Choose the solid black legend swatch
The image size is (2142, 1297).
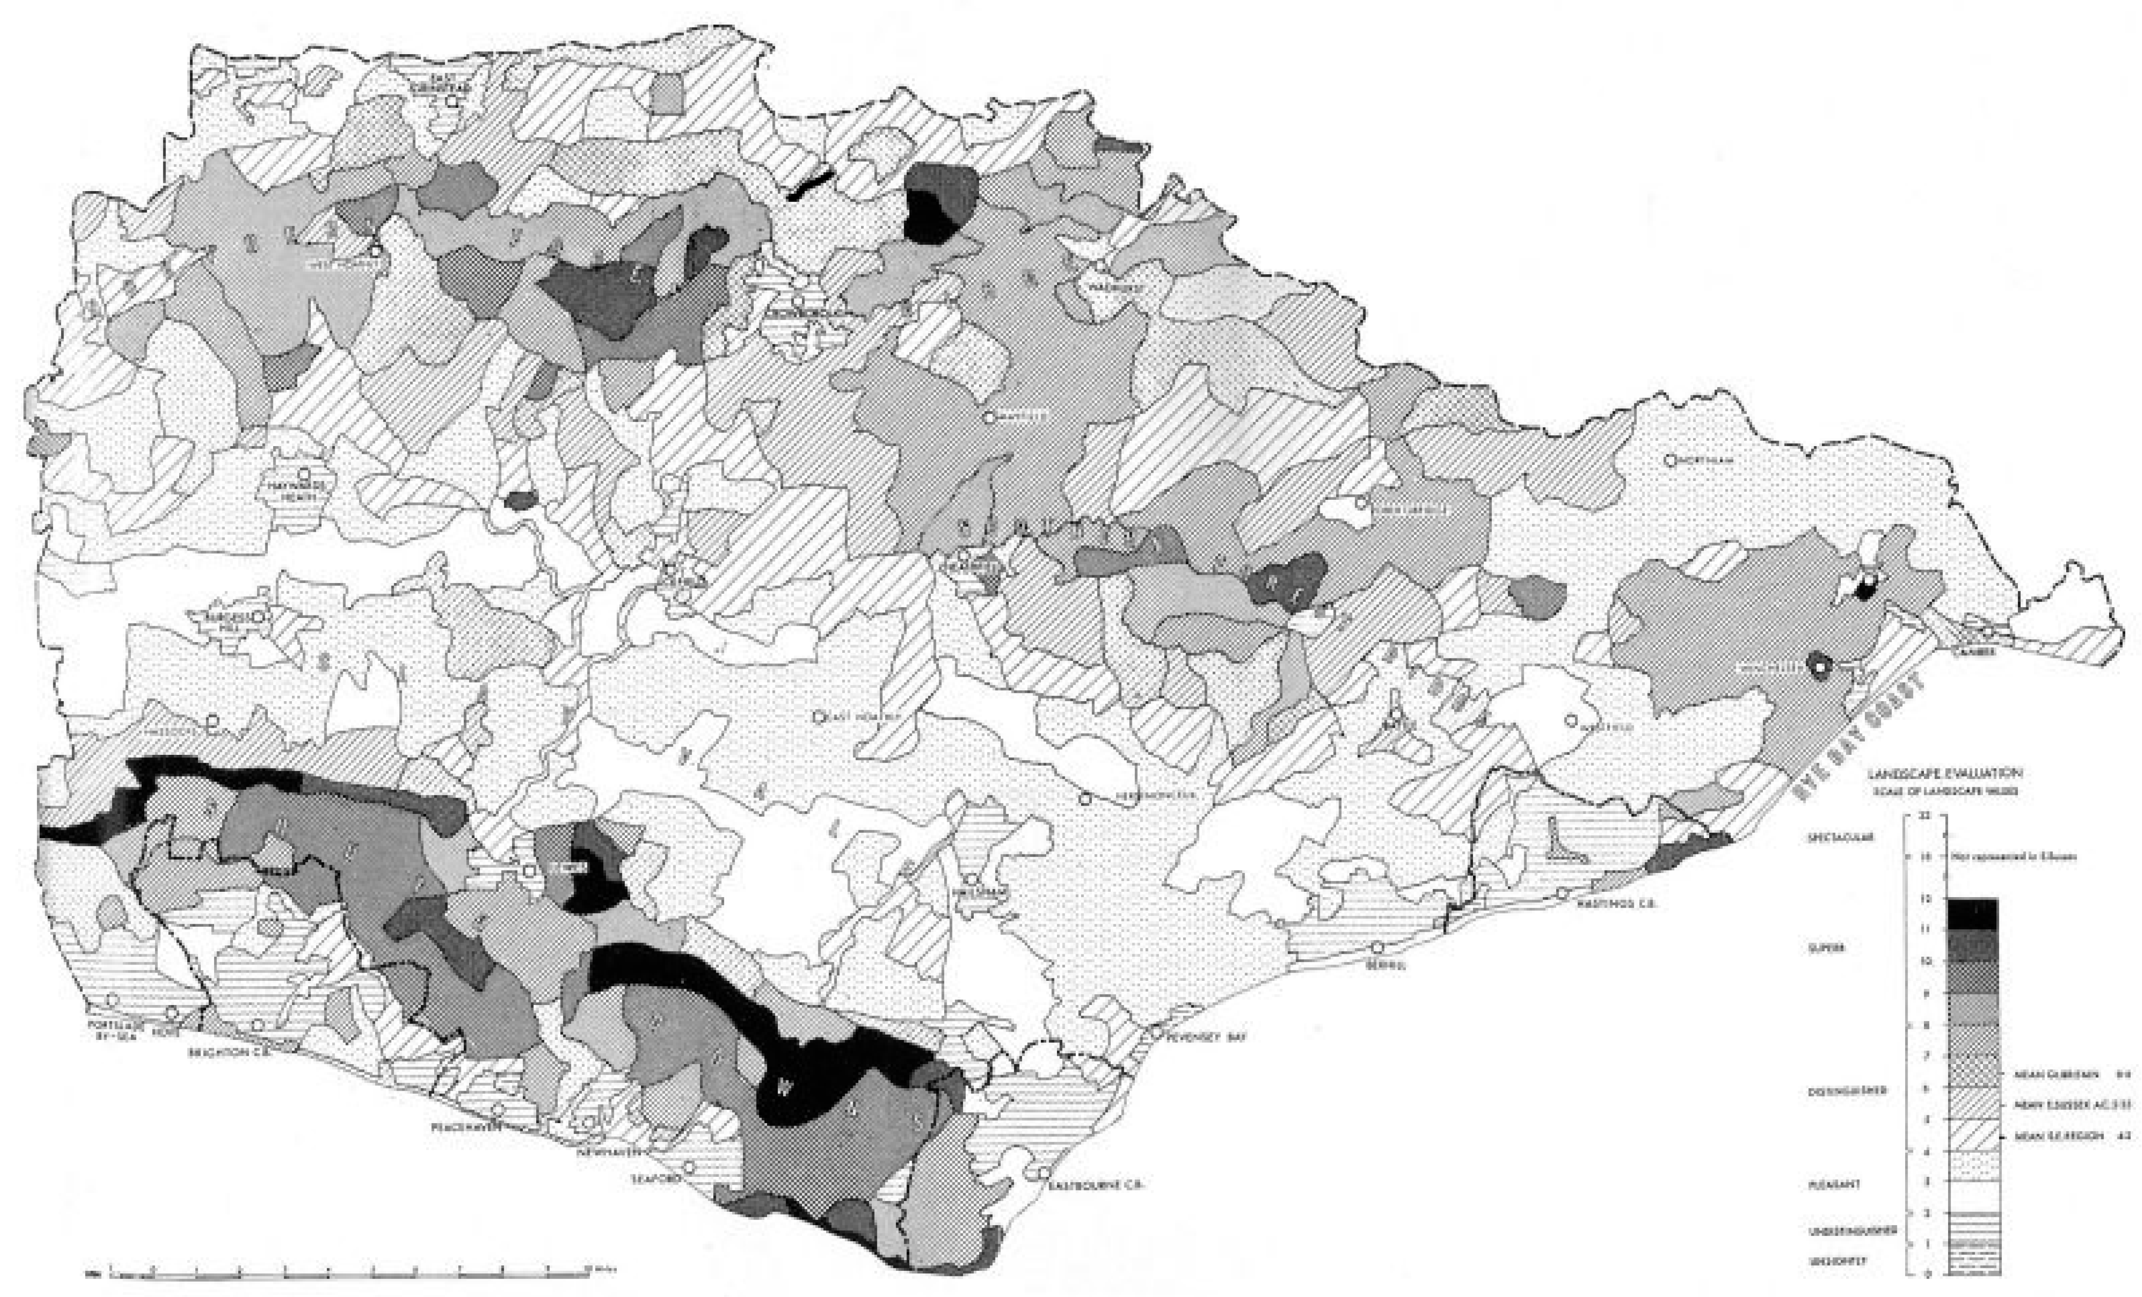[x=1972, y=913]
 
